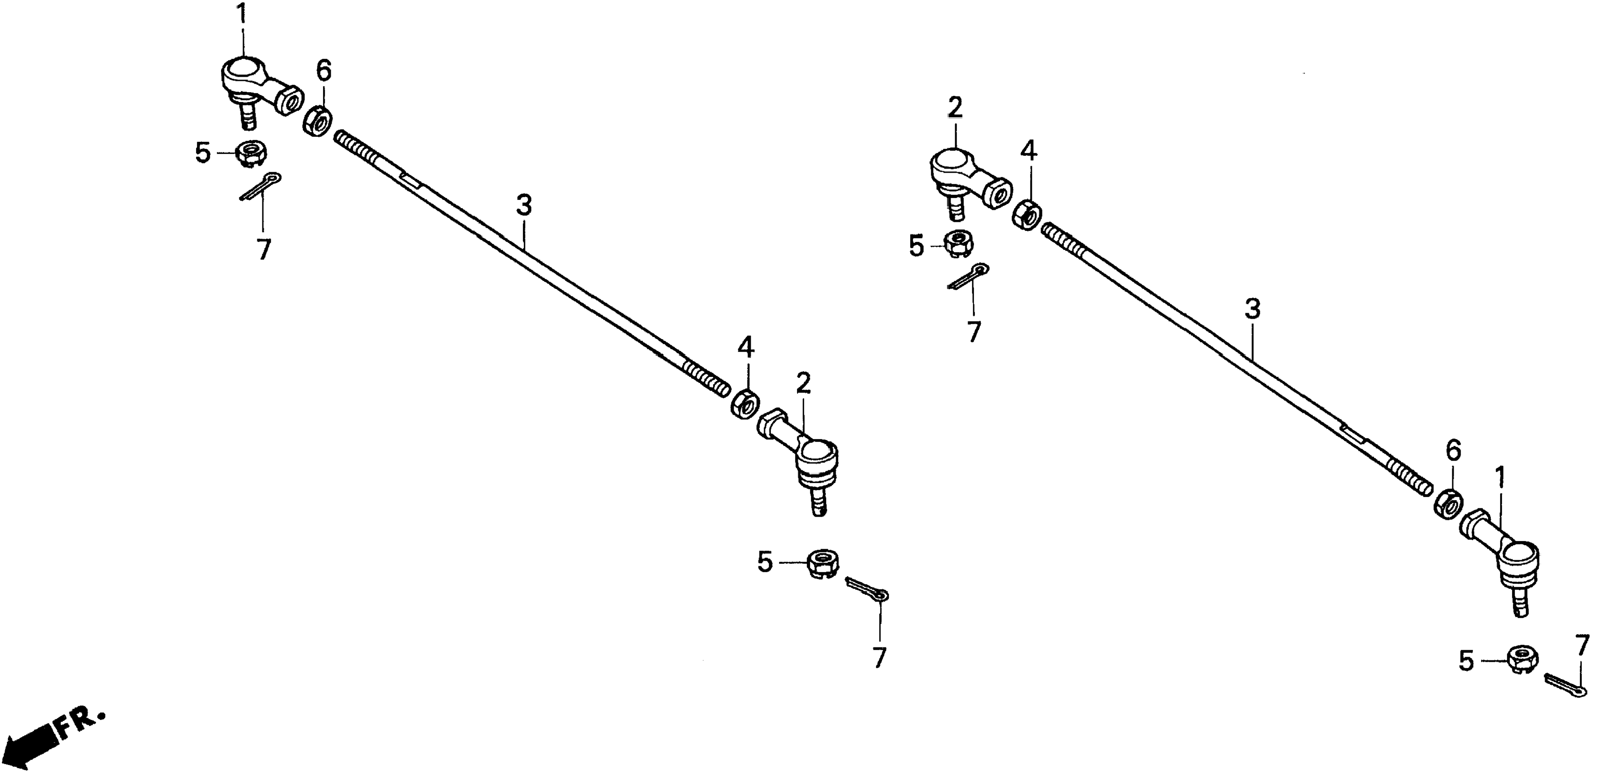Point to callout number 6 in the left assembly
tap(323, 71)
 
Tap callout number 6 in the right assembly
tap(1454, 451)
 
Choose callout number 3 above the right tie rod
tap(1253, 309)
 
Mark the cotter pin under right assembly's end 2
tap(968, 277)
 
